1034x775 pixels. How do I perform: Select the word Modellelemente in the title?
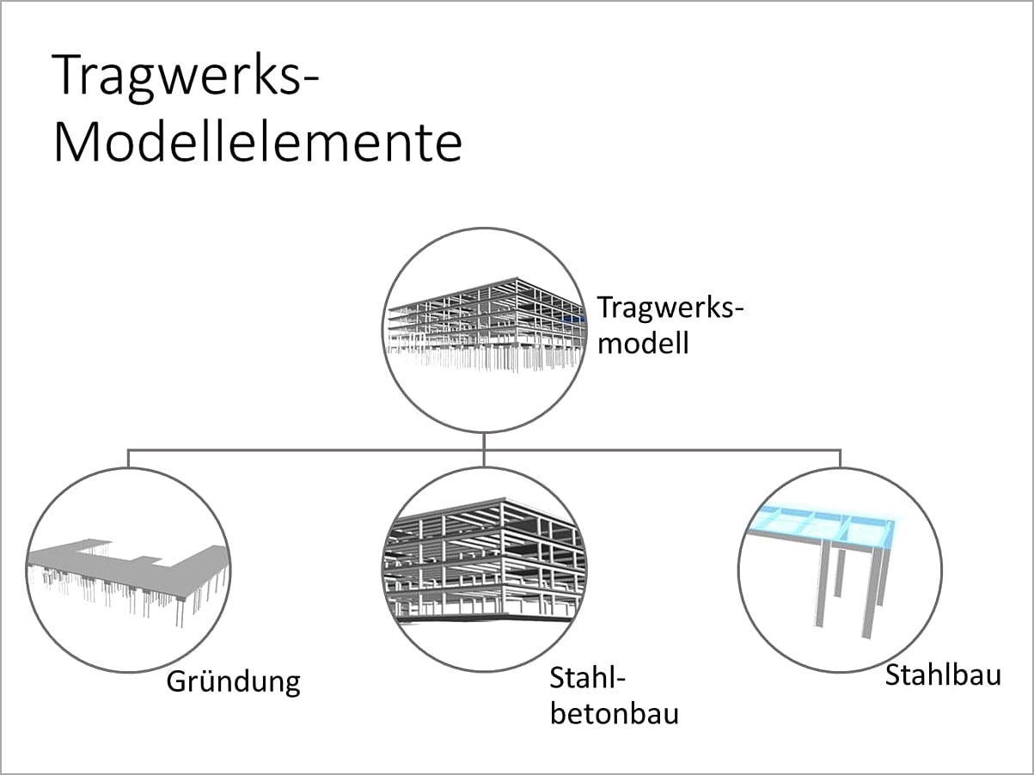pos(258,143)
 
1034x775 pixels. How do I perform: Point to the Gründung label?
pos(233,682)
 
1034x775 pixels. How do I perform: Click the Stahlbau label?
pos(943,674)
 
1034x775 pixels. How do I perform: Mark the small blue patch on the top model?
pos(571,318)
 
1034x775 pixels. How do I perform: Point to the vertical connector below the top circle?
pos(484,441)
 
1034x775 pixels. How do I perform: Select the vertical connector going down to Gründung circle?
pos(129,458)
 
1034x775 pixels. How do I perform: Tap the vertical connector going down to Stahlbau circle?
pos(841,458)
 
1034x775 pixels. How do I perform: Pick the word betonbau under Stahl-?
pos(614,713)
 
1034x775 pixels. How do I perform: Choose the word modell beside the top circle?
pos(643,344)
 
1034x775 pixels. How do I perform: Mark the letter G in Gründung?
pos(177,681)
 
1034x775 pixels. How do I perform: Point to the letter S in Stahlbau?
pos(893,674)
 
